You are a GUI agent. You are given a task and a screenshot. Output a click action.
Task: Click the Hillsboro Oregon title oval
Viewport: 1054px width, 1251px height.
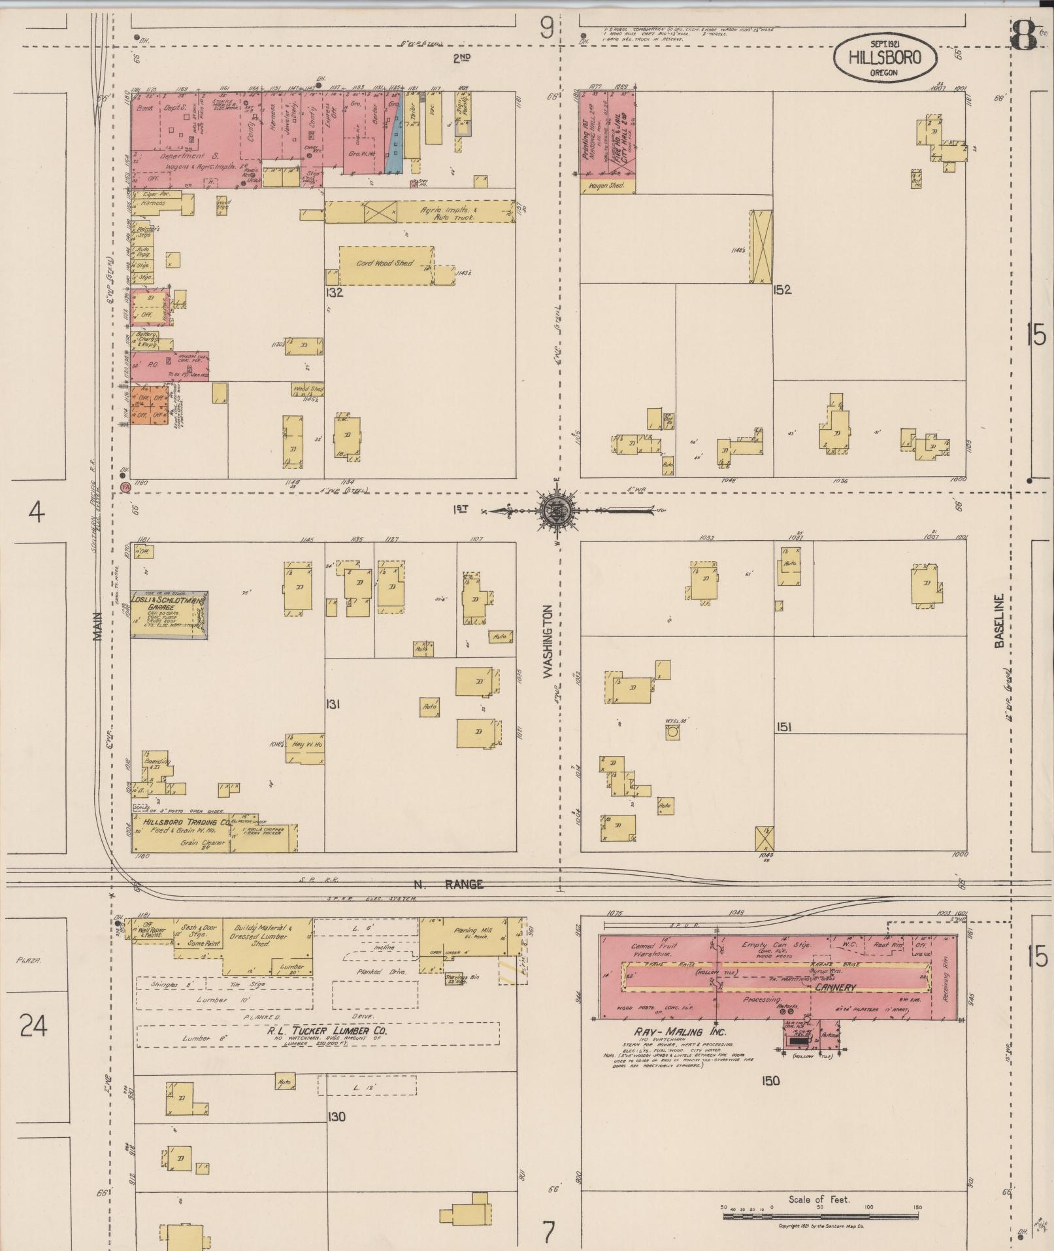pos(884,58)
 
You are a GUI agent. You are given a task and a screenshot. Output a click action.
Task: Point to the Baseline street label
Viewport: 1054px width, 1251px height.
pos(998,622)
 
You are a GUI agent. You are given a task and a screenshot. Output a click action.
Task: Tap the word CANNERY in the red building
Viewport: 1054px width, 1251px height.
pos(835,987)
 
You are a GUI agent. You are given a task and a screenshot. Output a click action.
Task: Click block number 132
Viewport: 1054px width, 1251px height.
pos(335,293)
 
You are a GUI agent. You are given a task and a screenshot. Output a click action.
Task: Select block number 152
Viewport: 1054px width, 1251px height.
pos(782,290)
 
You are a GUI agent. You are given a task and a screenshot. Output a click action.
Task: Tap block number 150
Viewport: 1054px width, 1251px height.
pos(770,1081)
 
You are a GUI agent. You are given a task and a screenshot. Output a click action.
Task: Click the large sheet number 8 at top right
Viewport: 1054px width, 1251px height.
pos(1023,36)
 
